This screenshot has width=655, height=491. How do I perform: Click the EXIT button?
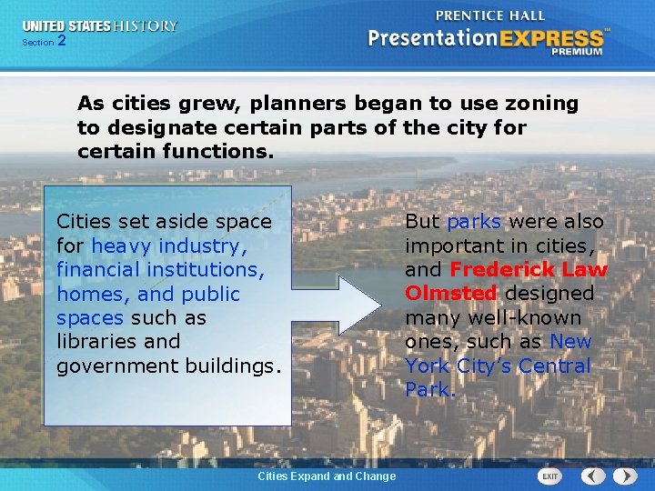click(549, 476)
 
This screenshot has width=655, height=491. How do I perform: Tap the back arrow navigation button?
click(593, 476)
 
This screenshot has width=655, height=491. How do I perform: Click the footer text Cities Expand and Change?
click(327, 476)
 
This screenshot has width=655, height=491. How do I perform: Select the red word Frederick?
click(501, 269)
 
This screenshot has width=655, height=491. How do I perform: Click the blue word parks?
click(474, 221)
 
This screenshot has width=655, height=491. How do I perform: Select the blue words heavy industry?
click(168, 245)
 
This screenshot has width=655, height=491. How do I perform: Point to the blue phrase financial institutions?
click(160, 270)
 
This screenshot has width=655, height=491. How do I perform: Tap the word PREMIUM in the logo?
click(575, 52)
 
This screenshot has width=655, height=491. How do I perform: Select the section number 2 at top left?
click(61, 41)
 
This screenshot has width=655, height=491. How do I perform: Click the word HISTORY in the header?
click(146, 25)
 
